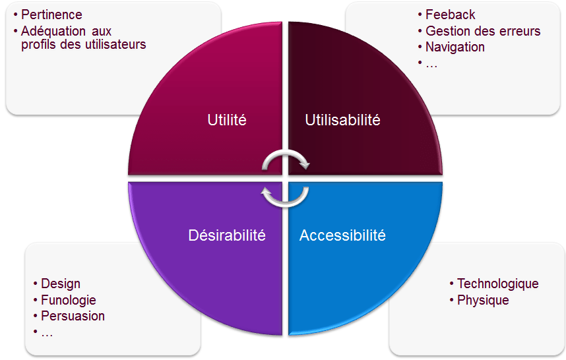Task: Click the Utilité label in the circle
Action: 227,120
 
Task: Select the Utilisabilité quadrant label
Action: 342,120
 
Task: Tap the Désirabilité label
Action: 227,235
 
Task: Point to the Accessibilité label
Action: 342,235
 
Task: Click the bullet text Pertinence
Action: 51,15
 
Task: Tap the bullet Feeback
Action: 450,15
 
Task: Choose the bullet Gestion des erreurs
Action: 483,31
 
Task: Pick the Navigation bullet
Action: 455,47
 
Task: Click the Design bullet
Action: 61,284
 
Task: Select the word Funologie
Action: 69,300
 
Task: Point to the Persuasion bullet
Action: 73,316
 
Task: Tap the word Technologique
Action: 498,284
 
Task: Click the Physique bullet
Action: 483,300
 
